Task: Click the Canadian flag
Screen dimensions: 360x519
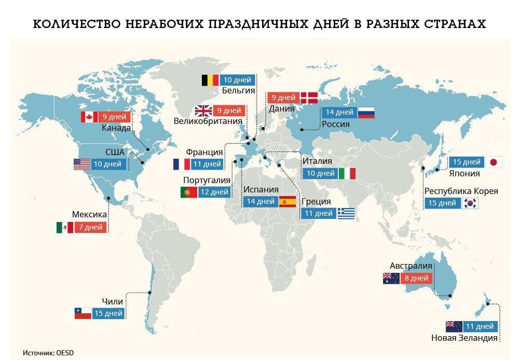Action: click(89, 117)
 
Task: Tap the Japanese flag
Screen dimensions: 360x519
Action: click(493, 162)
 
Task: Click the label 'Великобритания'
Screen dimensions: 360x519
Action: click(209, 121)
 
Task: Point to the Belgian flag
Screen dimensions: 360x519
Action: click(210, 80)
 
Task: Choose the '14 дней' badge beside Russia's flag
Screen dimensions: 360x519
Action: click(339, 112)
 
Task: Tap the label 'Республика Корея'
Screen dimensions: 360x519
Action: click(461, 191)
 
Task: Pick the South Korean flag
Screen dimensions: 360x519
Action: click(470, 203)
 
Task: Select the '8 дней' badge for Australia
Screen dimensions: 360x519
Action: click(416, 278)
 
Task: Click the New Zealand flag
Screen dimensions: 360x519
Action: click(454, 326)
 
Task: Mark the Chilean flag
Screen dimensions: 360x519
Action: click(83, 313)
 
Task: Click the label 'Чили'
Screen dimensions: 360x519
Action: click(112, 301)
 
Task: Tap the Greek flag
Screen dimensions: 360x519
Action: click(346, 213)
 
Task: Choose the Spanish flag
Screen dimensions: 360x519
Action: click(287, 201)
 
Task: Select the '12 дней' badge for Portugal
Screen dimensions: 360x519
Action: click(213, 192)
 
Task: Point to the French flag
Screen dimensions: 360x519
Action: click(182, 164)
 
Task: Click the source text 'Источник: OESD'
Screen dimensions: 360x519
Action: click(48, 353)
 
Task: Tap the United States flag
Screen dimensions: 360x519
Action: click(82, 164)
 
